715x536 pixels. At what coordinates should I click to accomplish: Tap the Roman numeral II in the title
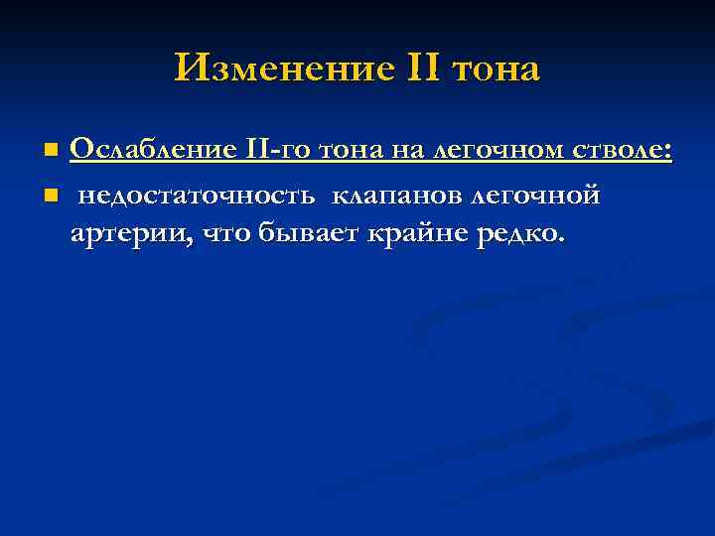pos(424,68)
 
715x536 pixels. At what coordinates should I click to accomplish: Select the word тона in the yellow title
pos(496,70)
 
